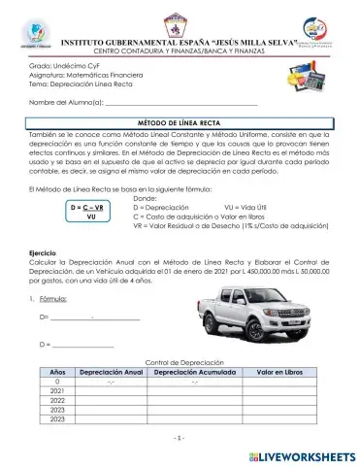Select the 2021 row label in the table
pos(56,391)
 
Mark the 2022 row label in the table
pos(56,400)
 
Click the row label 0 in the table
pos(56,382)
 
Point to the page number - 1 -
pos(180,438)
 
